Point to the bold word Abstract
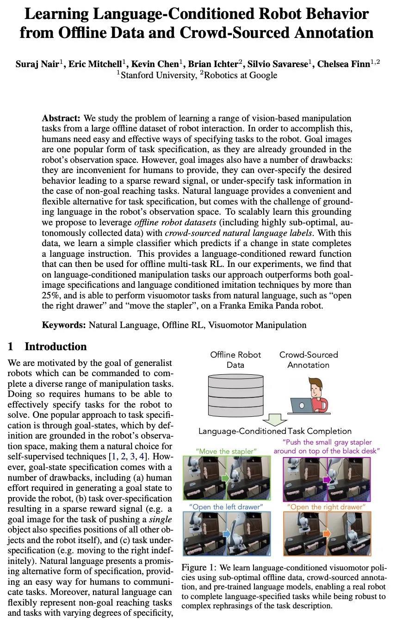coord(61,118)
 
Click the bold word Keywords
coord(63,325)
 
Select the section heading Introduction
coord(56,347)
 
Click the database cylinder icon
coord(235,393)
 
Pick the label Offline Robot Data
coord(235,359)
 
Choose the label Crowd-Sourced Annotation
coord(309,359)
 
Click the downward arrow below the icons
coord(275,420)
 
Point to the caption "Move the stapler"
coord(226,451)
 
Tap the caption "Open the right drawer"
coord(326,507)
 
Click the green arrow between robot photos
coord(225,477)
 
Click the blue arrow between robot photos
coord(226,534)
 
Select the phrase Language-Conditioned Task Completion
coord(275,431)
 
